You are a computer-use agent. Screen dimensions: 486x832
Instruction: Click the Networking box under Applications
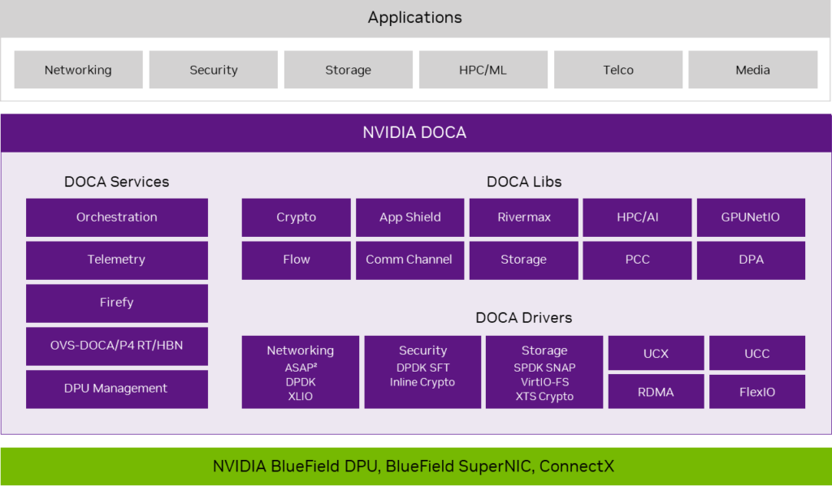(x=78, y=70)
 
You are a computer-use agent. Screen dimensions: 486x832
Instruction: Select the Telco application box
(x=618, y=70)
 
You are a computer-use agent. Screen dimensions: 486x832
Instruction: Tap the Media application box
(x=752, y=70)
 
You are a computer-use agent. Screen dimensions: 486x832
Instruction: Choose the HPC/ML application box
(x=483, y=70)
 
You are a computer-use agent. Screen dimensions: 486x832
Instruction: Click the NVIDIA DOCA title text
(x=414, y=132)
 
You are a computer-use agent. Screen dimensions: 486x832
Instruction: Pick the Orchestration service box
(x=117, y=217)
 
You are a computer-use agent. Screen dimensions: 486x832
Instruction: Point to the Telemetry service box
(x=117, y=260)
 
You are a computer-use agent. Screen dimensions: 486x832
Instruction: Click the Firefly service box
(x=117, y=303)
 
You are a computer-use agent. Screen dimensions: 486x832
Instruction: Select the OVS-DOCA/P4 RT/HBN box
(x=117, y=346)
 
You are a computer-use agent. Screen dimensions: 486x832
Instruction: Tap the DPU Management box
(x=117, y=389)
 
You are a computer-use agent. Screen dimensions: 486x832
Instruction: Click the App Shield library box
(x=409, y=217)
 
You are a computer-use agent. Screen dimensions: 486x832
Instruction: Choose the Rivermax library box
(x=523, y=217)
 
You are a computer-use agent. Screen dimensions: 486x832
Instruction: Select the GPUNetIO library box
(x=751, y=217)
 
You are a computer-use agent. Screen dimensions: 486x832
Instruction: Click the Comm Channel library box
(x=409, y=260)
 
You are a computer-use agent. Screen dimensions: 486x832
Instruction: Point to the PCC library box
(x=637, y=260)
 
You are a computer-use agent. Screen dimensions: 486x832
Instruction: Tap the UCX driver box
(x=655, y=354)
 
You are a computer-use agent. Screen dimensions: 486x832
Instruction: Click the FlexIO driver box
(x=756, y=392)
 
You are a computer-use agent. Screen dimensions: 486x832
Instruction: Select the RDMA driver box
(x=655, y=392)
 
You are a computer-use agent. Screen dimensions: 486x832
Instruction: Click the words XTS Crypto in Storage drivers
(x=544, y=397)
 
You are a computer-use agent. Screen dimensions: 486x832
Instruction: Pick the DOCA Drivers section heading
(x=524, y=318)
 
